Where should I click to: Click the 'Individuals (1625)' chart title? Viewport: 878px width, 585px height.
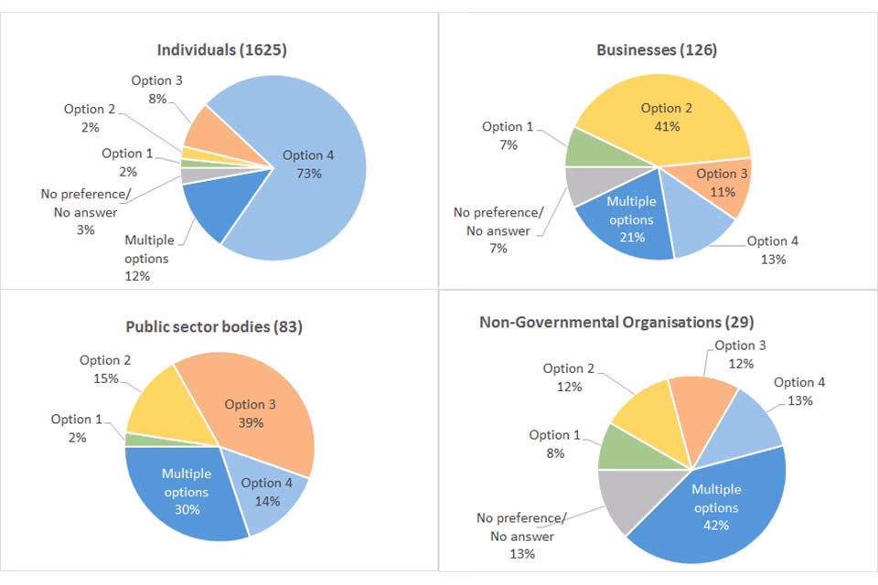[x=221, y=49]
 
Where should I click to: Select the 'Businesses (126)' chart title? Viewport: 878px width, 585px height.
[x=657, y=49]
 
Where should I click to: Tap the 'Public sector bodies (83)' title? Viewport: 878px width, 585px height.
[x=214, y=326]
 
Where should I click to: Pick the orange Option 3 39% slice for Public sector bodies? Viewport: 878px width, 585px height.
[x=252, y=411]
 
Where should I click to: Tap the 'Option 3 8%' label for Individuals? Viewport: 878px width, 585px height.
[x=156, y=90]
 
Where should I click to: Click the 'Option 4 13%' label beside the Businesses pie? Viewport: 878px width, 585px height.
[x=773, y=250]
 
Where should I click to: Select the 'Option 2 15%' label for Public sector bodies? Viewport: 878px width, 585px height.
[x=100, y=369]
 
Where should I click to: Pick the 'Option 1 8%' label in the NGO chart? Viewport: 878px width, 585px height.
[x=555, y=443]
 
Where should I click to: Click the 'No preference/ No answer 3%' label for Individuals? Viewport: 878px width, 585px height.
[x=85, y=211]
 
